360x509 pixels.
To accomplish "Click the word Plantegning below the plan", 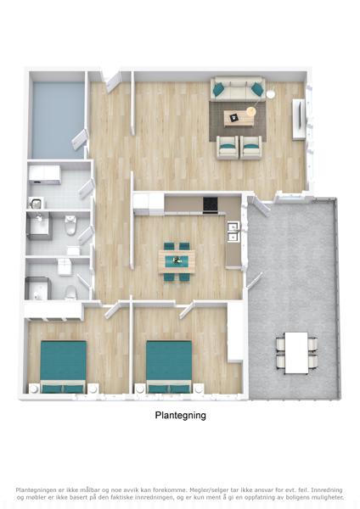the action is click(180, 416).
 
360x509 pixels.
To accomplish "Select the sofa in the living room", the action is click(238, 87).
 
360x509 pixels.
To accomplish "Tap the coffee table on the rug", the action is click(239, 118).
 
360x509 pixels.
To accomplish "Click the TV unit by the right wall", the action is click(299, 119).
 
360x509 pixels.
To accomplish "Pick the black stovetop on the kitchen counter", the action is click(210, 204).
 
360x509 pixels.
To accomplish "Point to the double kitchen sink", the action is click(233, 232).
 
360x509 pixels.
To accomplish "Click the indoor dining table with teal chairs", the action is click(177, 261).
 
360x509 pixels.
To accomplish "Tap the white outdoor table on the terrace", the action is click(296, 353).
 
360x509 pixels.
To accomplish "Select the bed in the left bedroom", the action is click(64, 366).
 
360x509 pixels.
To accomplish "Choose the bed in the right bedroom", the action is click(169, 366).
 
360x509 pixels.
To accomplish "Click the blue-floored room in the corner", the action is click(58, 120).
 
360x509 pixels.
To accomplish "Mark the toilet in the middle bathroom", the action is click(70, 225).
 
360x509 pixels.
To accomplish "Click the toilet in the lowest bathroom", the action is click(70, 292).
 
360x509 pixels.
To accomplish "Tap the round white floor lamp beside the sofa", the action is click(270, 94).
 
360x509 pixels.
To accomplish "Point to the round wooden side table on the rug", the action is click(250, 111).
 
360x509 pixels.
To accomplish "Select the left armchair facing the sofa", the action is click(228, 148).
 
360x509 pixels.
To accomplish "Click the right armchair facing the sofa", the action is click(250, 148).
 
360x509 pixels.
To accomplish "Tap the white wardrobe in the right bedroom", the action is click(235, 332).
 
